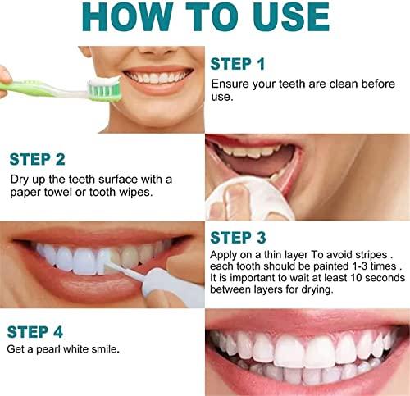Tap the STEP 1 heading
[x=238, y=64]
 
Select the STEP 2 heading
[x=38, y=159]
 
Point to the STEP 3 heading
[x=239, y=239]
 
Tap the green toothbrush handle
[x=33, y=84]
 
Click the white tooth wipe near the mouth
[x=229, y=198]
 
